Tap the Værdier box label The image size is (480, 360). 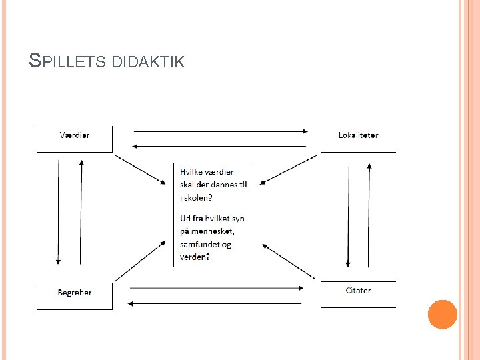click(x=75, y=135)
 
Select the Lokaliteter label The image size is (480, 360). click(x=358, y=135)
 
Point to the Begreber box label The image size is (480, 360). click(x=75, y=293)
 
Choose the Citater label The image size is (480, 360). click(x=358, y=291)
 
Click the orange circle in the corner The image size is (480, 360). click(x=442, y=315)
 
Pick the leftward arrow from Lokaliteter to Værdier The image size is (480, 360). click(x=220, y=145)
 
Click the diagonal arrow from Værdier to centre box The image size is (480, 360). click(x=140, y=170)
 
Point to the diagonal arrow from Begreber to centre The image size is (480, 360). click(x=140, y=261)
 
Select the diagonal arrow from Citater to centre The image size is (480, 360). click(x=288, y=261)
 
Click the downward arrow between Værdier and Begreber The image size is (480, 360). click(x=59, y=211)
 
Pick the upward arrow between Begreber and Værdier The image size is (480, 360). click(x=81, y=211)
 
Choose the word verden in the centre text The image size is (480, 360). click(x=193, y=257)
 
